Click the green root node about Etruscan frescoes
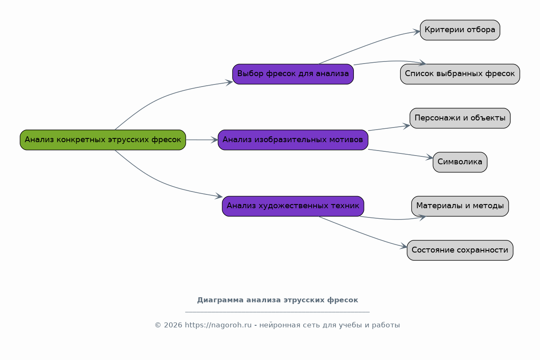[103, 140]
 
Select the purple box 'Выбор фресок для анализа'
[293, 74]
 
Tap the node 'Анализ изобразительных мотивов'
[293, 140]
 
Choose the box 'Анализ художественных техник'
[293, 206]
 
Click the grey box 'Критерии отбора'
[460, 30]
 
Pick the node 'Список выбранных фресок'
[460, 74]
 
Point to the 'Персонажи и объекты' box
[460, 118]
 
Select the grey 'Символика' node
[460, 162]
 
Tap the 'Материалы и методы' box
[460, 206]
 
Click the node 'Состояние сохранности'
[460, 250]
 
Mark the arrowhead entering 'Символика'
[430, 157]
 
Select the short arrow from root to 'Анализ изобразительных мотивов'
[202, 140]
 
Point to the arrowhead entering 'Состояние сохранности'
[404, 246]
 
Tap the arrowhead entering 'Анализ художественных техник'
[219, 197]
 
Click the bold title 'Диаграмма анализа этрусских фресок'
[277, 300]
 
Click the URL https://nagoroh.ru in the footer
[218, 325]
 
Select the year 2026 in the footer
[173, 325]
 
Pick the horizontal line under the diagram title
[277, 312]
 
